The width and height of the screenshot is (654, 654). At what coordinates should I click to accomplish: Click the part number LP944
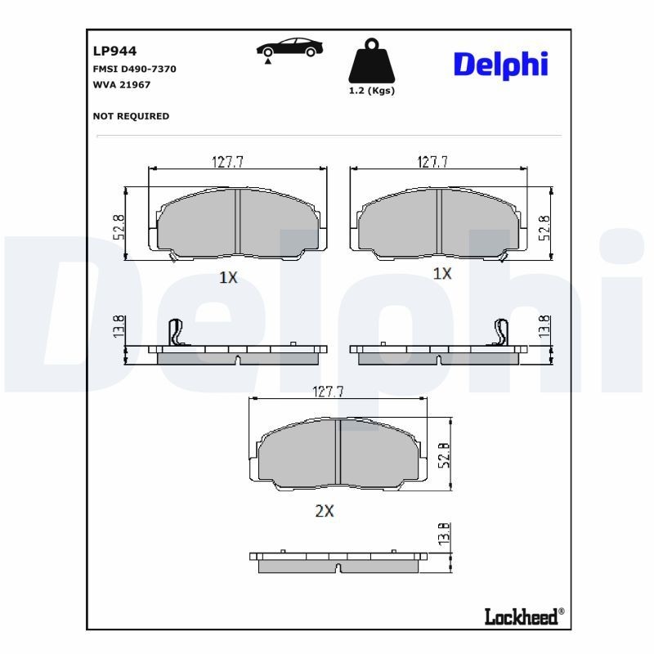pos(114,51)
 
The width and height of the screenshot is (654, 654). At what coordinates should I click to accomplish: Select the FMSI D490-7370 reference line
pos(135,69)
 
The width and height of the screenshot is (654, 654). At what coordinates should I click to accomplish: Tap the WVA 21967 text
pos(123,84)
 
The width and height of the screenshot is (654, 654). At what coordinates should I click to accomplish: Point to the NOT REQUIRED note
pos(132,116)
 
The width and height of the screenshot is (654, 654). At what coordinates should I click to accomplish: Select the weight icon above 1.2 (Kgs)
pos(371,60)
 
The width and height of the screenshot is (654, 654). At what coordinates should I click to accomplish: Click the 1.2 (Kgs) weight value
pos(371,91)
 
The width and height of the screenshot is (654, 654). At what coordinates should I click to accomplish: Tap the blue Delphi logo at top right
pos(500,64)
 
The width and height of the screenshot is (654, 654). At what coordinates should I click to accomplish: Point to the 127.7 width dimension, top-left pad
pos(228,162)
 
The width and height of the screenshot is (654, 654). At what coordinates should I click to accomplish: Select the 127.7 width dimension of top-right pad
pos(432,162)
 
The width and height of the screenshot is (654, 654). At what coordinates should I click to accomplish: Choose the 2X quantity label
pos(325,512)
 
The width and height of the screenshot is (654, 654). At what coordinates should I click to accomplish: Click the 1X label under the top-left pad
pos(228,277)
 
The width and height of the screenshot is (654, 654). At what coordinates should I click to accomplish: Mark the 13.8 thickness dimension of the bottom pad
pos(443,535)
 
